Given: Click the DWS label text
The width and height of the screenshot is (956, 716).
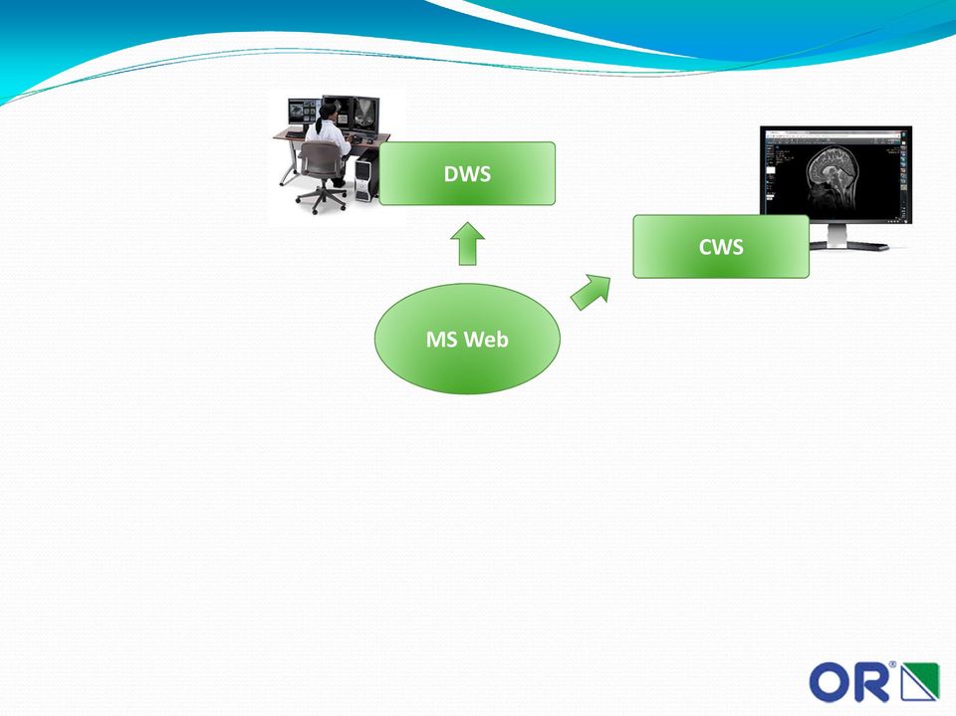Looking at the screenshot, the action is pos(467,174).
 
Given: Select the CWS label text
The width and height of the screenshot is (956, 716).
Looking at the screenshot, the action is pos(721,247).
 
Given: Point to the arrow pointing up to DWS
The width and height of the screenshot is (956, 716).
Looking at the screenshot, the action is pos(468,243).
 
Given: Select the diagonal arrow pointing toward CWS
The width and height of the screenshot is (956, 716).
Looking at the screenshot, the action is pos(591,292).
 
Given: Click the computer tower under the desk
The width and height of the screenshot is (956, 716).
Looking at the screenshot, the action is pos(365,178).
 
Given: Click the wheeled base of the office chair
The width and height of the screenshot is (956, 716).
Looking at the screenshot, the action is pos(321,199).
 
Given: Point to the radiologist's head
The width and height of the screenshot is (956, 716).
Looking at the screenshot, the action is pos(328,112).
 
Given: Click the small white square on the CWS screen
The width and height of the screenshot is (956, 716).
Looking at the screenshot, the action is pos(770,172).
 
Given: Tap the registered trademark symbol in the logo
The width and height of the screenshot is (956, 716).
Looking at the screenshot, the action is pos(892,665).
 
